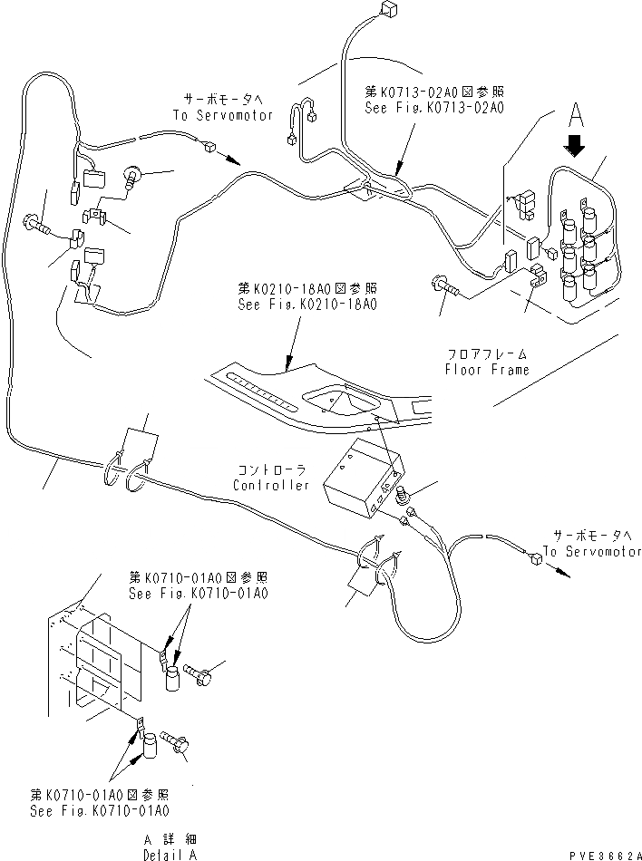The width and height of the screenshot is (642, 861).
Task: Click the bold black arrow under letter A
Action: point(574,144)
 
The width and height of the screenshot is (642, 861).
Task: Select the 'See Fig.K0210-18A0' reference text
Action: point(307,304)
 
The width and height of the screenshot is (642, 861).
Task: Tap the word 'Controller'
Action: point(270,485)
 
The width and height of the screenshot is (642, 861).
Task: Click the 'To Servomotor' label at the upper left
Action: point(221,115)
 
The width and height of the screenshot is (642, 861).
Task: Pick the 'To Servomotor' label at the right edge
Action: point(592,551)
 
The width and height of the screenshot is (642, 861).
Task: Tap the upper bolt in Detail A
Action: point(200,673)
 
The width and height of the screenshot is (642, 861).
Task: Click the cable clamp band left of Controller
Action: point(124,466)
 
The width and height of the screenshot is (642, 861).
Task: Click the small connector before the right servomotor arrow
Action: point(537,559)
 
